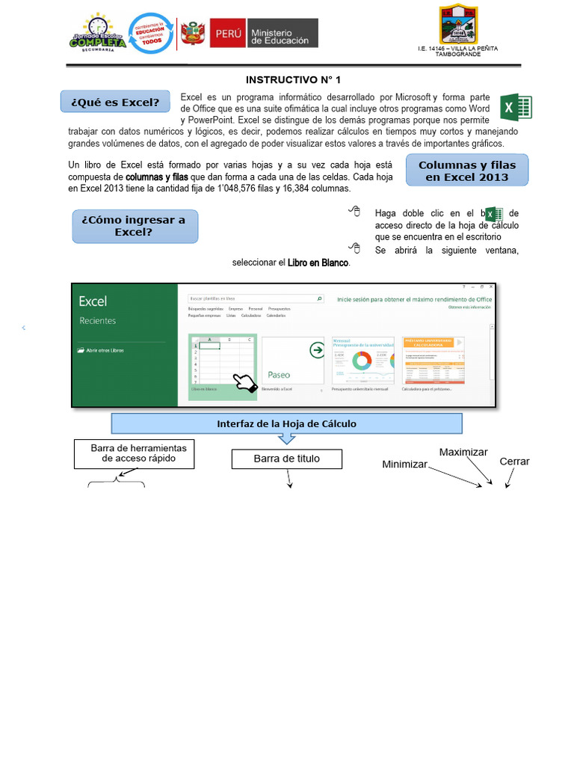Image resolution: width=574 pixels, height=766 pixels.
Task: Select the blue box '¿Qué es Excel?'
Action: pos(114,102)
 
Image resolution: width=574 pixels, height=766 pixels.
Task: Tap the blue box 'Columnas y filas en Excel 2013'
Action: pos(466,171)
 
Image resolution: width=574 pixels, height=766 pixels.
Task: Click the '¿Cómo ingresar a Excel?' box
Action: pos(135,226)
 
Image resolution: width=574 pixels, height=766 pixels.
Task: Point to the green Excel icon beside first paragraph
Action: pos(515,108)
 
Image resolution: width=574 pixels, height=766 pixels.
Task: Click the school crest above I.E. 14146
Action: pos(458,25)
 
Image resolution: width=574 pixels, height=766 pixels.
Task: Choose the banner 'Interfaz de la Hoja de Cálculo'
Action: pos(286,423)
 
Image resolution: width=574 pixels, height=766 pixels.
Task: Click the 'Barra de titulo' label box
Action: pos(286,459)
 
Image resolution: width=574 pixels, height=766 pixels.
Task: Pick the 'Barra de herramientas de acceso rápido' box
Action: pos(134,453)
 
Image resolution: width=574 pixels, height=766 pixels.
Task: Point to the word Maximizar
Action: pos(463,452)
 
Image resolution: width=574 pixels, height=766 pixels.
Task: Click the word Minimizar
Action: pos(404,465)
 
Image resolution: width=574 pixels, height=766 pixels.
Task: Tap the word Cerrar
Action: pos(514,462)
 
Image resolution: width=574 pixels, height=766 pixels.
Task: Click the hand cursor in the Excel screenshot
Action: pos(244,382)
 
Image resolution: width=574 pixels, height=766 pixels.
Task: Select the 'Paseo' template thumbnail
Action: pos(293,361)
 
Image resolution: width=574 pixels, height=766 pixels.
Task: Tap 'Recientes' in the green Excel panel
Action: pos(98,321)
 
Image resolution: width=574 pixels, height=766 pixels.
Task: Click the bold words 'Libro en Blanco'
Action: pos(318,263)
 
